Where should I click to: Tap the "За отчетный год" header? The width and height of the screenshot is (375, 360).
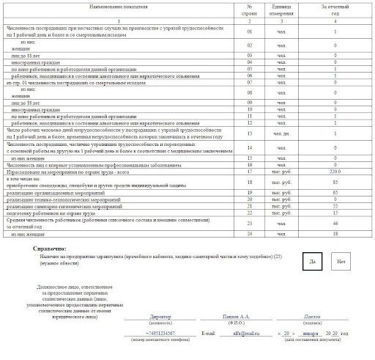click(x=335, y=10)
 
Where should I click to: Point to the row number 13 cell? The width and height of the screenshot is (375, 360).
click(x=250, y=134)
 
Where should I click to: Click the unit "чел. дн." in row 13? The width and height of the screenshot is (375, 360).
click(x=282, y=134)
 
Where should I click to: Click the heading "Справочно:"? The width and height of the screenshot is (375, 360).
click(x=51, y=249)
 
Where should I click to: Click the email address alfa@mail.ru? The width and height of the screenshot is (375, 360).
click(x=242, y=333)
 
